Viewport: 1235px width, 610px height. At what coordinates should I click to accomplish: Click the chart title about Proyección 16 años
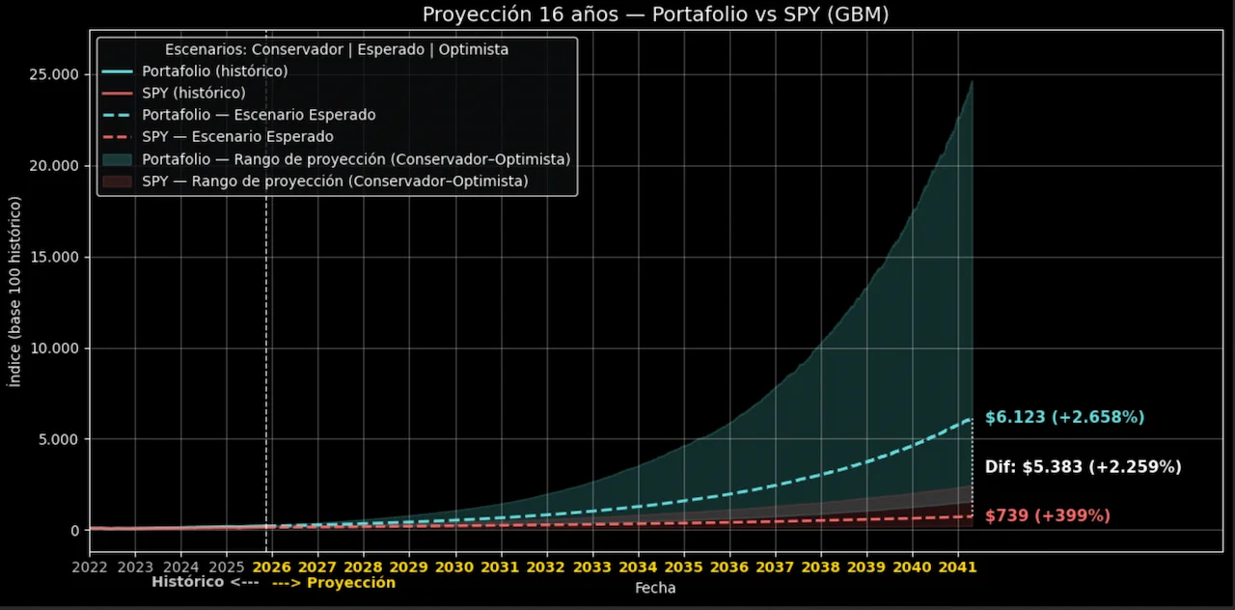655,14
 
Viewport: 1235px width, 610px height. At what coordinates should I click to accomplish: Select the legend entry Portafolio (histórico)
214,71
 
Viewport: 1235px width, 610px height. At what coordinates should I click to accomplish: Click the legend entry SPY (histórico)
193,94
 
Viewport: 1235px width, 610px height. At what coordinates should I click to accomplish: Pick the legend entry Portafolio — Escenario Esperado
258,115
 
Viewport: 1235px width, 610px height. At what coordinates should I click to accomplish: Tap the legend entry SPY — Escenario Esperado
237,137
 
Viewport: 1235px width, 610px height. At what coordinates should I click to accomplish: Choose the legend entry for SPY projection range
335,180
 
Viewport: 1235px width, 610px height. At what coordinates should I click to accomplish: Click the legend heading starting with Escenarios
337,49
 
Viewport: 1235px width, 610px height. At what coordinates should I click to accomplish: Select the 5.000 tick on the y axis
59,439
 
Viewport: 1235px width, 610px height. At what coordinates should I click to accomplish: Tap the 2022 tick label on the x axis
90,567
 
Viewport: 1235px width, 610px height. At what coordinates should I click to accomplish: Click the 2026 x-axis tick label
271,567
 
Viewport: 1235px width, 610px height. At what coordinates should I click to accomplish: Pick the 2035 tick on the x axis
683,567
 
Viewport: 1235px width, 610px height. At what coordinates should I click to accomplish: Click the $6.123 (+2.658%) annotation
1064,418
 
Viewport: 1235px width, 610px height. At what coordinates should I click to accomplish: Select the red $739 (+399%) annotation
1047,516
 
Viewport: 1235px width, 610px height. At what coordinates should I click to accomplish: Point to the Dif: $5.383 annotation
1083,467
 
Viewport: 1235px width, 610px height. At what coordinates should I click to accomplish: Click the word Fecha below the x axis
655,588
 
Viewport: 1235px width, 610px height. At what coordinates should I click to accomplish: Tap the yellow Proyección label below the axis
334,583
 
